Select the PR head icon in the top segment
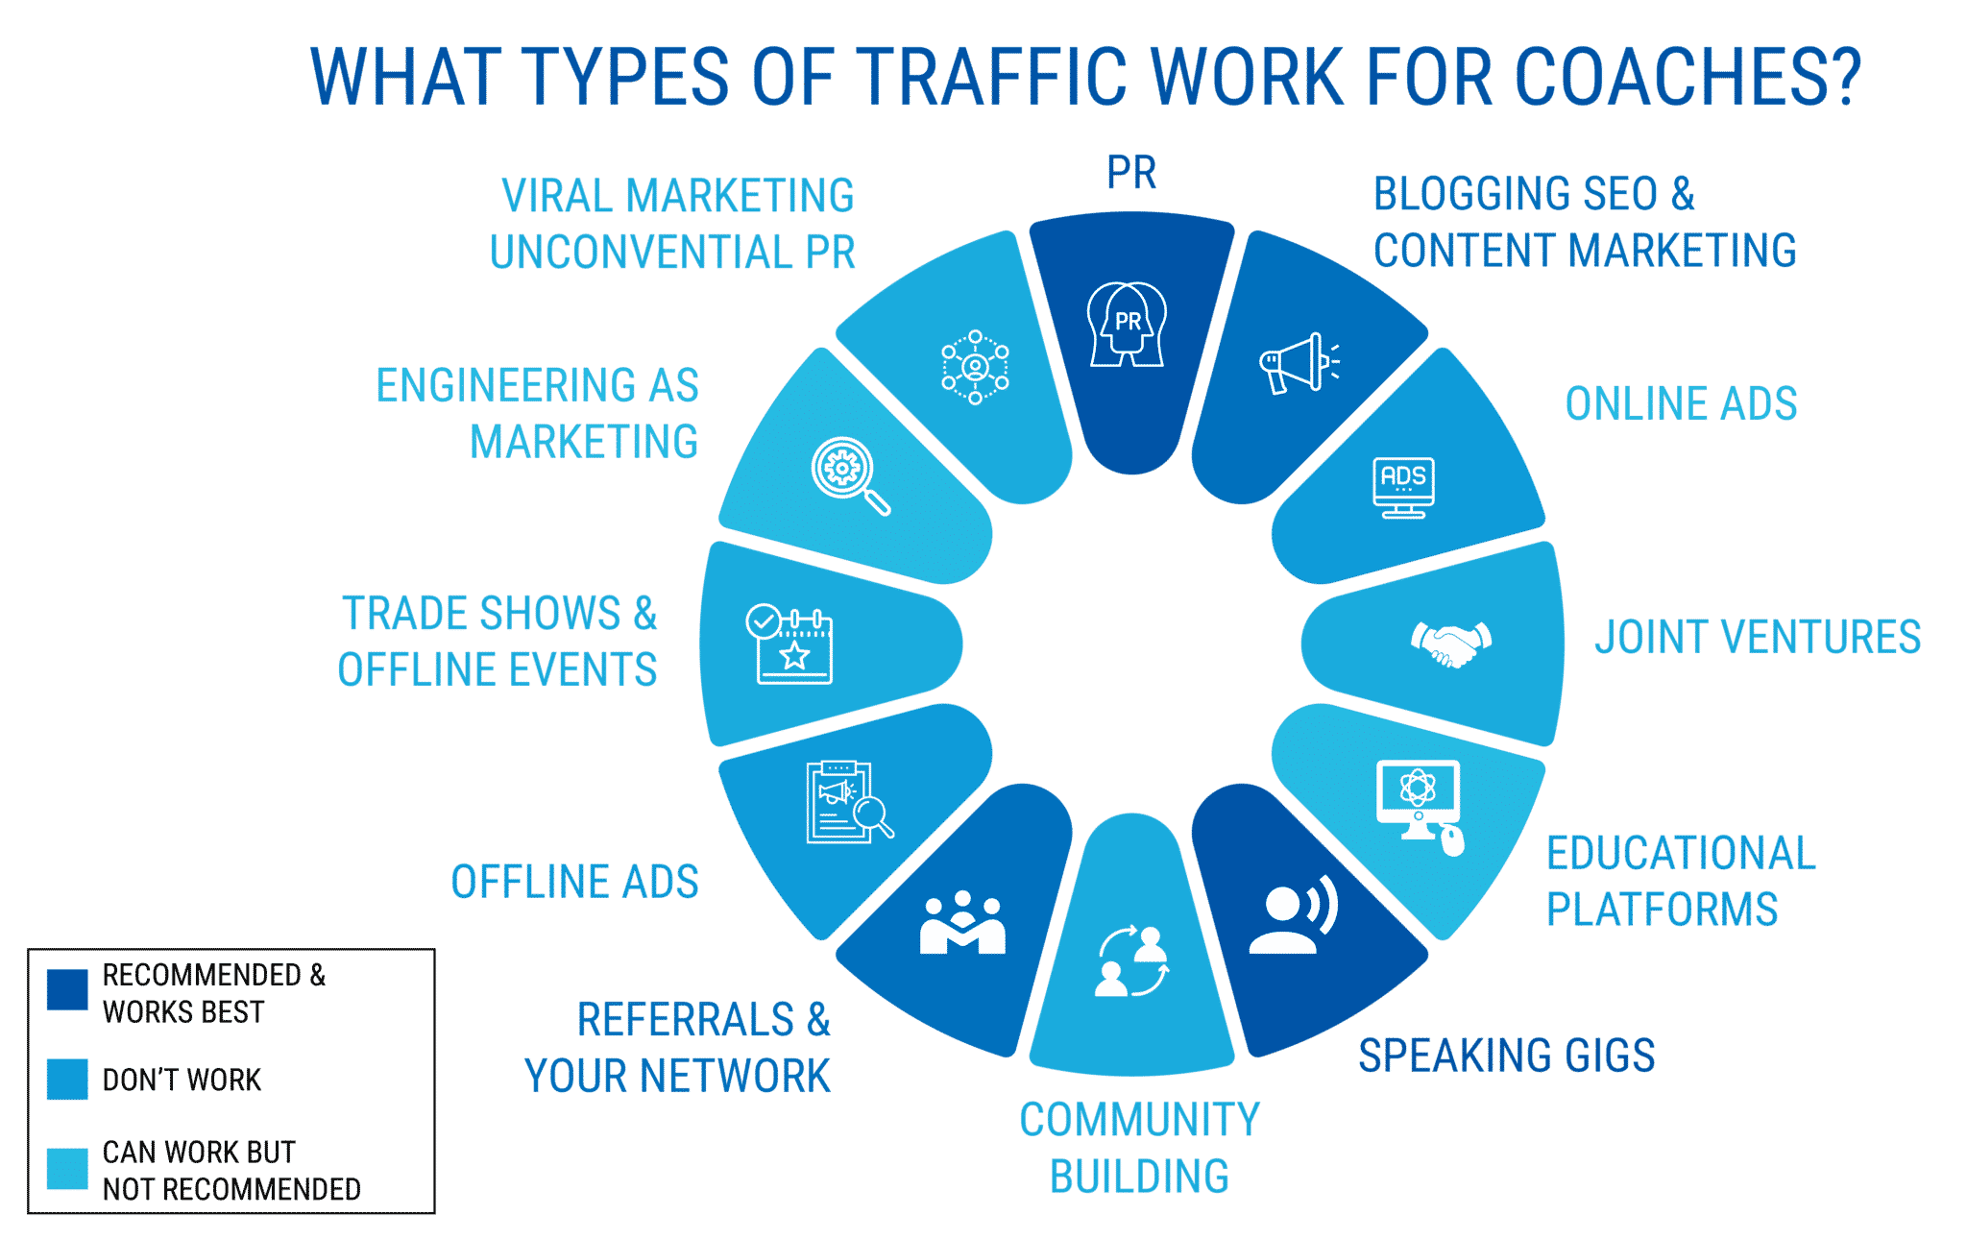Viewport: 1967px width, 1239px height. [1128, 325]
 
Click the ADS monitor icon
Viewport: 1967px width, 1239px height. [1403, 487]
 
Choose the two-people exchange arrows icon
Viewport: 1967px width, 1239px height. [1133, 960]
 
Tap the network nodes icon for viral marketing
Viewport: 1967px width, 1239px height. [975, 367]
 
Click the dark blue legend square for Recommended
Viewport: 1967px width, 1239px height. [67, 989]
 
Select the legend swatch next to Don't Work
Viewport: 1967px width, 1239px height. [67, 1080]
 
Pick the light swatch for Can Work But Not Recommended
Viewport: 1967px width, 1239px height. [67, 1169]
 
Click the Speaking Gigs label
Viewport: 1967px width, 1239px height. [1506, 1056]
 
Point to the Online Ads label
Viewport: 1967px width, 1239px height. [1681, 404]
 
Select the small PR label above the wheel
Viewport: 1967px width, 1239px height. [1131, 174]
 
